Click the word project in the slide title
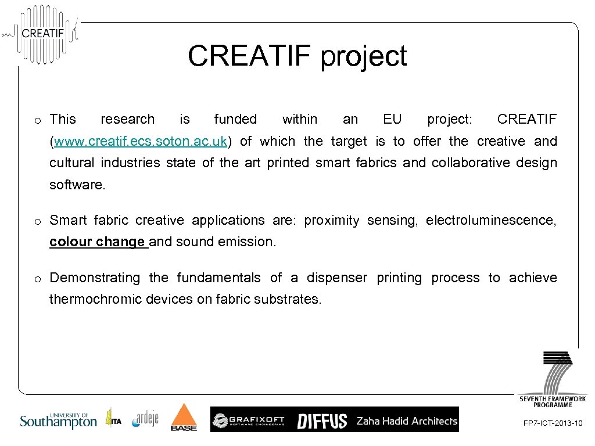coord(364,57)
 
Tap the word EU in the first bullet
coord(392,119)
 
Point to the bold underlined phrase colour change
coord(97,242)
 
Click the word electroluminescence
coord(491,220)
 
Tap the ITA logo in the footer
coord(113,418)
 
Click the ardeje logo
coord(145,418)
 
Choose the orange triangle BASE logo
coord(184,418)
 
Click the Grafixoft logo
coord(249,420)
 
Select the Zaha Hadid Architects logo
coord(406,420)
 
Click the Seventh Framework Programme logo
coord(553,377)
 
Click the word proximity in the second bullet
coord(332,220)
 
